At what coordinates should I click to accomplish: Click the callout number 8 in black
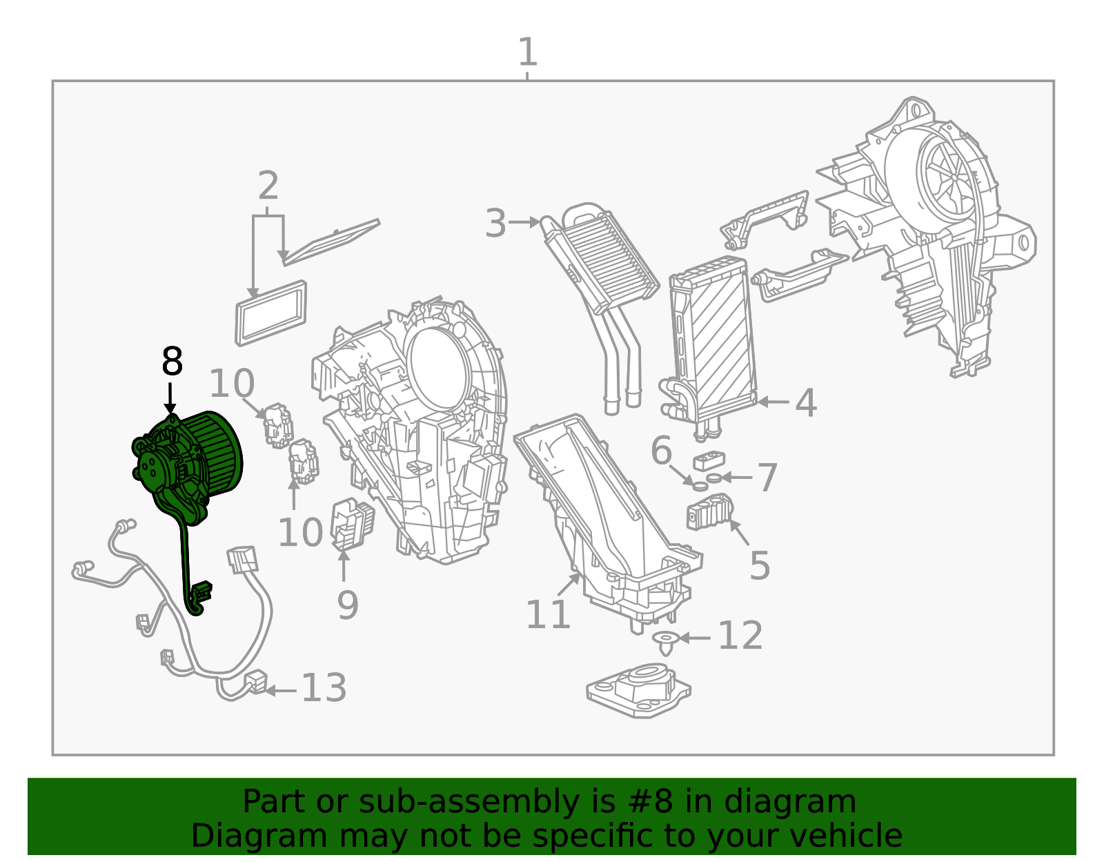(x=172, y=362)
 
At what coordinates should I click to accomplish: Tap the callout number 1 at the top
(x=527, y=52)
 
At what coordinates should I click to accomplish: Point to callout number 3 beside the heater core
(x=495, y=224)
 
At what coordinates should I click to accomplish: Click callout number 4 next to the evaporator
(x=805, y=402)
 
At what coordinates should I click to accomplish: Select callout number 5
(x=759, y=565)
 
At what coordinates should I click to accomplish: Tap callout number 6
(x=661, y=451)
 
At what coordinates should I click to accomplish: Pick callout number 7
(x=767, y=478)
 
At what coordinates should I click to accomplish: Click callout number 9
(x=347, y=605)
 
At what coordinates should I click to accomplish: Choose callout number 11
(x=548, y=614)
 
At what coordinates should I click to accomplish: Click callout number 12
(x=740, y=636)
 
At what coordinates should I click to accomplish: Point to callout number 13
(x=324, y=688)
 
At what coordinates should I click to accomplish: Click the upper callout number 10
(x=232, y=384)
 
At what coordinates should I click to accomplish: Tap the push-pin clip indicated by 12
(x=665, y=643)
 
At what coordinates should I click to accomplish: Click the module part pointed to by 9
(x=352, y=525)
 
